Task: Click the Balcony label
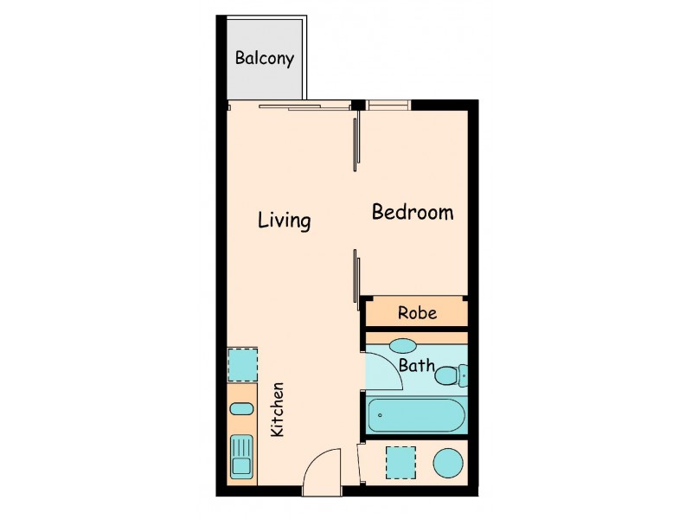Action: click(265, 59)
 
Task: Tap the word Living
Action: click(284, 221)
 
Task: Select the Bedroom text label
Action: click(413, 212)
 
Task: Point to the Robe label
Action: click(417, 313)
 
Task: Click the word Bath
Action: click(416, 366)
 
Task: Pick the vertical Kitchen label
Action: click(278, 409)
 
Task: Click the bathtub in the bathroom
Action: click(417, 415)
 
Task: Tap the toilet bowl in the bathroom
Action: click(447, 375)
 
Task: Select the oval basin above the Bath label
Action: click(403, 346)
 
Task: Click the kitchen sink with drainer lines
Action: click(241, 457)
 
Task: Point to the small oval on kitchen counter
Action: click(242, 408)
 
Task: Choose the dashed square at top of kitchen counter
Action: click(242, 365)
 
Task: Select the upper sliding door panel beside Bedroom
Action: click(356, 144)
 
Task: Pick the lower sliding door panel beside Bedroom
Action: click(356, 277)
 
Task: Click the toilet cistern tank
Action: click(463, 375)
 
